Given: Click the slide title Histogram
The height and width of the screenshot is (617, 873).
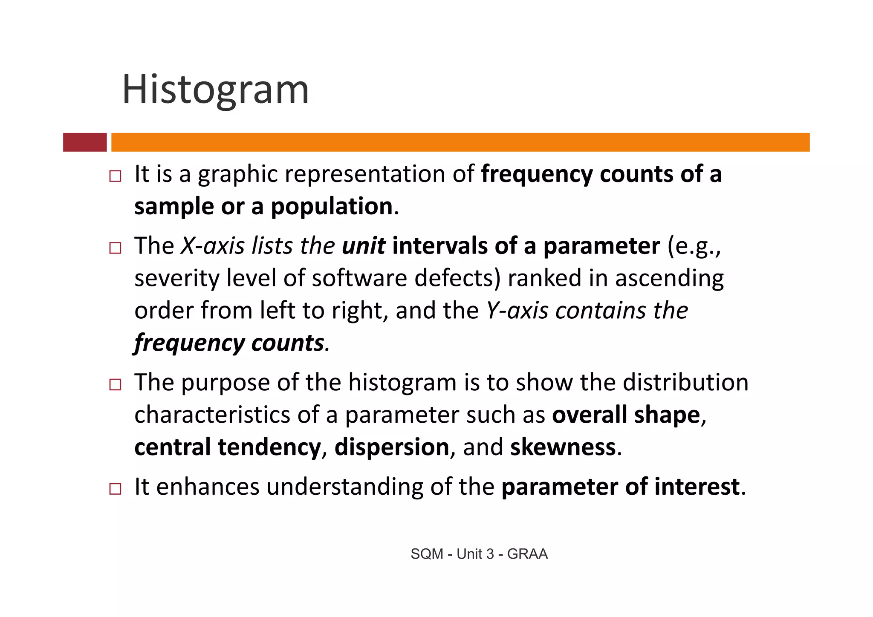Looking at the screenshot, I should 215,90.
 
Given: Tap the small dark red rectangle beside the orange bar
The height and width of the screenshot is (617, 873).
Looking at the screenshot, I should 85,142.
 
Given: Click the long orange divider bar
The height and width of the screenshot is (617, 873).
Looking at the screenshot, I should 460,142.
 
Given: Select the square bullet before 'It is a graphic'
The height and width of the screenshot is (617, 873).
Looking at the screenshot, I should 115,176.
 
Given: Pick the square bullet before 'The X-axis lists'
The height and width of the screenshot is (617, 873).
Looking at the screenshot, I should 115,248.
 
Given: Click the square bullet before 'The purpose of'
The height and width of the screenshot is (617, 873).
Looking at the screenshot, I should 115,384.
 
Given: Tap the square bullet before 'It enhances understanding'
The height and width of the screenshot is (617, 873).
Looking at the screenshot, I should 115,488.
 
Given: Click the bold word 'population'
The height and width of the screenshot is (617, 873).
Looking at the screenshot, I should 332,207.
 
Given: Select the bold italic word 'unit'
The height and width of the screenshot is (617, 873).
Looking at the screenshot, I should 363,246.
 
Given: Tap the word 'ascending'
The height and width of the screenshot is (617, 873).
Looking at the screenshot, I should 669,279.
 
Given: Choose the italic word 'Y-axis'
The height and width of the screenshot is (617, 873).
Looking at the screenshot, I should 517,311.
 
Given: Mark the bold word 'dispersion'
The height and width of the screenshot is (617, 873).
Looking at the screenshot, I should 392,447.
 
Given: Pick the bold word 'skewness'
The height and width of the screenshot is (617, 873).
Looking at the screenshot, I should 563,447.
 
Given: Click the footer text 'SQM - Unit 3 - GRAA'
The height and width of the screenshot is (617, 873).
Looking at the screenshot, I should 479,554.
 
